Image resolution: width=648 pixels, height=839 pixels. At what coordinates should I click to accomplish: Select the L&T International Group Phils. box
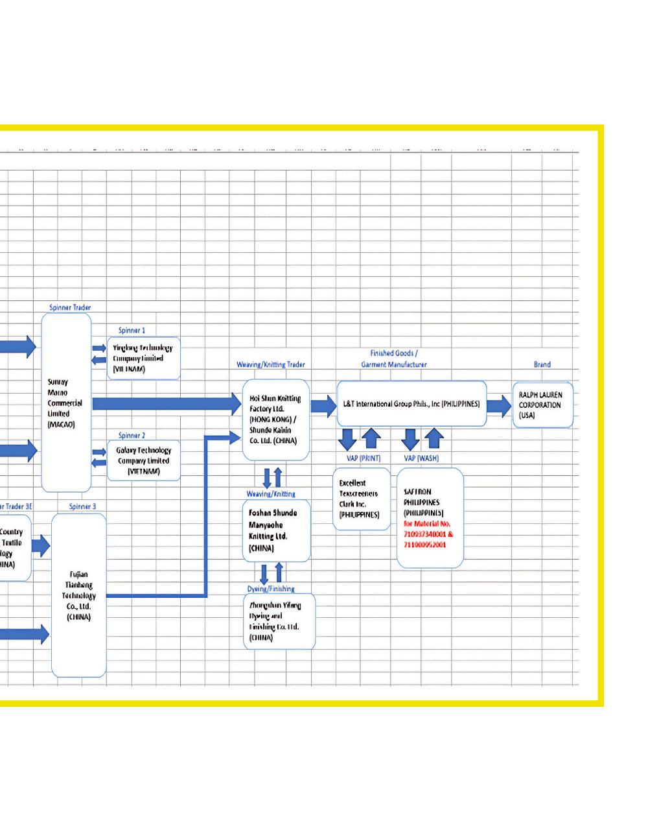click(411, 403)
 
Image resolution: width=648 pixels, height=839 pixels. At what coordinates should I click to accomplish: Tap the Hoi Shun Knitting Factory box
click(275, 419)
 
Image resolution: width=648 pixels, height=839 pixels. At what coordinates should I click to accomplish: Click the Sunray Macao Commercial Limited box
click(65, 403)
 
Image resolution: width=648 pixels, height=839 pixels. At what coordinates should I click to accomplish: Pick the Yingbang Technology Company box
click(143, 358)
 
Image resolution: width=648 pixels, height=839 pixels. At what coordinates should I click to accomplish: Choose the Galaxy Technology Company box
click(143, 460)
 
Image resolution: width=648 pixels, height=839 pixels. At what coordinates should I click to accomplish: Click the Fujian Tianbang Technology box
click(78, 595)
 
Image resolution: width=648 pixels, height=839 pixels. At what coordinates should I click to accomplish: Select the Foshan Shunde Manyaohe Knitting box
click(275, 530)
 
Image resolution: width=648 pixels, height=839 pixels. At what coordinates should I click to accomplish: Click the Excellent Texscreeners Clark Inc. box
click(361, 499)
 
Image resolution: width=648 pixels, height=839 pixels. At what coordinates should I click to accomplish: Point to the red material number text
click(428, 534)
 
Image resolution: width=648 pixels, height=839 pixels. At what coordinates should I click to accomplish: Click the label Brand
click(542, 364)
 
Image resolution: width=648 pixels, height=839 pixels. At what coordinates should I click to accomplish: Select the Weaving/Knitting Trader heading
click(271, 364)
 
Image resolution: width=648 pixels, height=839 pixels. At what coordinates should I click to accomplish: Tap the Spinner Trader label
click(70, 307)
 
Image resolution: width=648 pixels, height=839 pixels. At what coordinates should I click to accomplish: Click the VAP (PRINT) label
click(364, 458)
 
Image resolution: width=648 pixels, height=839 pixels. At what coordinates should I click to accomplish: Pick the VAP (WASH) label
click(421, 458)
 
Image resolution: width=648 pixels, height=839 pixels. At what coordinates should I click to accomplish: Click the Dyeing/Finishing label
click(271, 589)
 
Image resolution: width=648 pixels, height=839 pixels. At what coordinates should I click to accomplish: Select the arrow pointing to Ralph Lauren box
click(498, 406)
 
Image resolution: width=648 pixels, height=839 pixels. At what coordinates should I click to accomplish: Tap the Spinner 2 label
click(132, 435)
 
